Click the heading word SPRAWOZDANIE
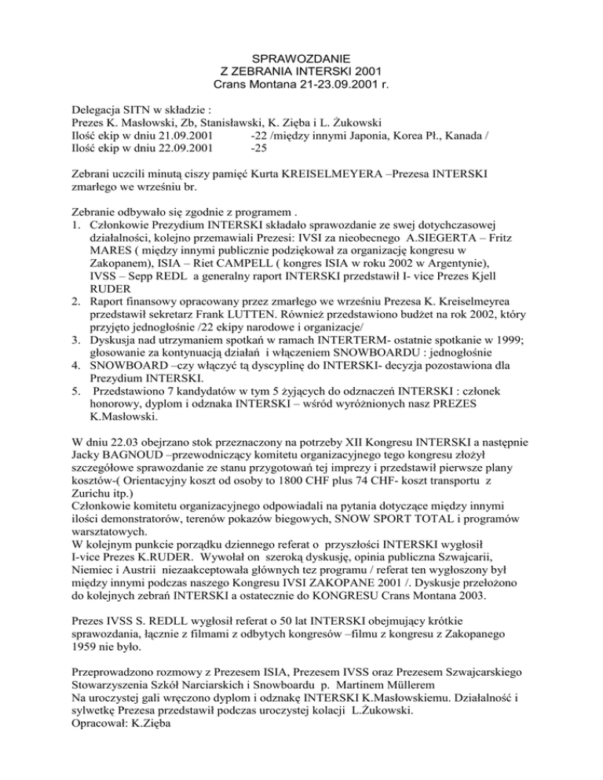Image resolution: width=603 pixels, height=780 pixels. tap(301, 57)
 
